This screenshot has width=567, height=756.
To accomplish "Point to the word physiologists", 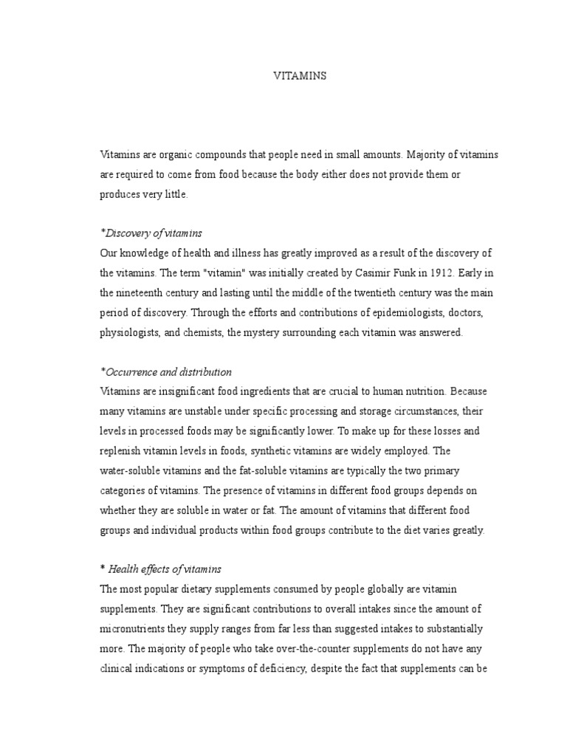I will (130, 332).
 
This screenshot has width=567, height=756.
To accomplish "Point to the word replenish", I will (121, 451).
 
